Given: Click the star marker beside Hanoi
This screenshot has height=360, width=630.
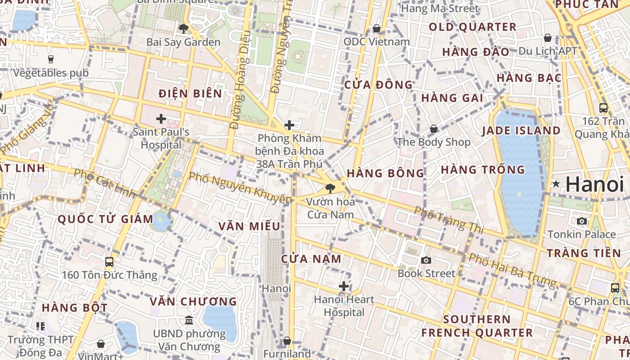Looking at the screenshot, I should point(556,184).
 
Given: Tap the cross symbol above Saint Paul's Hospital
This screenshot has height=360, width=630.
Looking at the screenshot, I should point(161,119).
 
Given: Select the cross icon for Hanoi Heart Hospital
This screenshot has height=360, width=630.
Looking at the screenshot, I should point(344,286).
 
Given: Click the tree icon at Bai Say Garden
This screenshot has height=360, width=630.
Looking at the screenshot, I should point(183,29).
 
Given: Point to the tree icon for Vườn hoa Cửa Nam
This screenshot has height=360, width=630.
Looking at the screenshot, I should point(330,188).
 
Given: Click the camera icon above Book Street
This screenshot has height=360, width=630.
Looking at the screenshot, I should point(426,260).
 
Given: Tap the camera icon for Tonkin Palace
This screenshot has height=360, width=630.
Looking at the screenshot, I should point(581,221).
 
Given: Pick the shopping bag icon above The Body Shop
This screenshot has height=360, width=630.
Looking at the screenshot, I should point(433,129).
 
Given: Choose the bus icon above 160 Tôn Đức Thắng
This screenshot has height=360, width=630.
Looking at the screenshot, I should point(109,261).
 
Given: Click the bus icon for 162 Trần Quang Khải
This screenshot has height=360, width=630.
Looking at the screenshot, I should point(603,108).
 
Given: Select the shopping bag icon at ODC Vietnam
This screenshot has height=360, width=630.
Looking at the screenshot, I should point(377,28).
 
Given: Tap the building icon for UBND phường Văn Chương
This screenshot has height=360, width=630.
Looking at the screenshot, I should point(189,320).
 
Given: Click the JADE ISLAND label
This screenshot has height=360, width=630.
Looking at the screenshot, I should point(521,131).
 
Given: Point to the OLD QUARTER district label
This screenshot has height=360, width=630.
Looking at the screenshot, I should point(472,27).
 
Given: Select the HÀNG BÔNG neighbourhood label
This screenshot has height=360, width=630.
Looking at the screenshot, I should point(386,173).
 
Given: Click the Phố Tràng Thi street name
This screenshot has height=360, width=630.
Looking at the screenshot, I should point(448,220).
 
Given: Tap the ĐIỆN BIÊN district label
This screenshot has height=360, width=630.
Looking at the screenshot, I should point(190,94).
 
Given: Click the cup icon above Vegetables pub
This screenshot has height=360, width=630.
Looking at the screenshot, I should point(50,59).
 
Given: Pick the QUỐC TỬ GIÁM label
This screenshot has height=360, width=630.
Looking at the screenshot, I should point(106,219).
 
